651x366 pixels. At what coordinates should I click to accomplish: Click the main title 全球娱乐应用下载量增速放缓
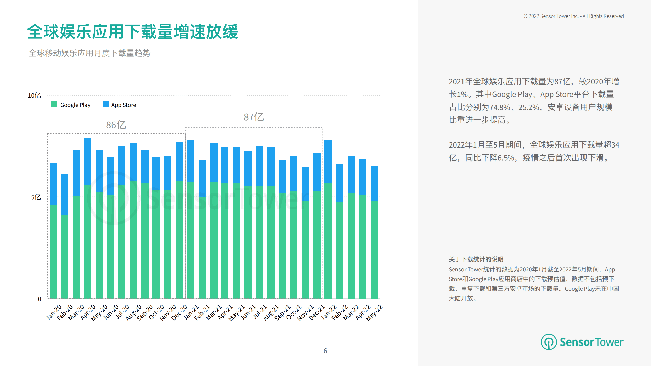pos(132,32)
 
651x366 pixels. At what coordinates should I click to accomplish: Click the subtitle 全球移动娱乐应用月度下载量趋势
pos(89,53)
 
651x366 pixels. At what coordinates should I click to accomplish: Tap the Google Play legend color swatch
pos(54,105)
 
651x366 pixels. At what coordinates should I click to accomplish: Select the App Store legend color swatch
pos(105,105)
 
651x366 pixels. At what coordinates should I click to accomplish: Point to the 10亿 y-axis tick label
pos(34,96)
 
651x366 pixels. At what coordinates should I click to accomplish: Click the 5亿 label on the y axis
pos(36,197)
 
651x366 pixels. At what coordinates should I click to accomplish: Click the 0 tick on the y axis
pos(39,299)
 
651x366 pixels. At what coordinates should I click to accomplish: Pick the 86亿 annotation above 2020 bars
pos(116,125)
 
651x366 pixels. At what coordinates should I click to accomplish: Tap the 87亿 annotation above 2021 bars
pos(254,117)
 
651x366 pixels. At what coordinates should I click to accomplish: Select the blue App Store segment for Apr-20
pos(88,161)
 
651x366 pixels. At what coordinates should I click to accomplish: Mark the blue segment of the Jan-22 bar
pos(328,161)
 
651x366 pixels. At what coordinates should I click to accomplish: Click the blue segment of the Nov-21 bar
pos(305,184)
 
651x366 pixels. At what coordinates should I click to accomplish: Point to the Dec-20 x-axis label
pos(179,313)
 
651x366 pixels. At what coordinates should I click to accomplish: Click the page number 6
pos(325,351)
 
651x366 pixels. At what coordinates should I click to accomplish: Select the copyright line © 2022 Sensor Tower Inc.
pos(573,16)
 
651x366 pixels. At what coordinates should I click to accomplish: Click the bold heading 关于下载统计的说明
pos(476,259)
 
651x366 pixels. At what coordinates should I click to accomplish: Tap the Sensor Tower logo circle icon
pos(548,342)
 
